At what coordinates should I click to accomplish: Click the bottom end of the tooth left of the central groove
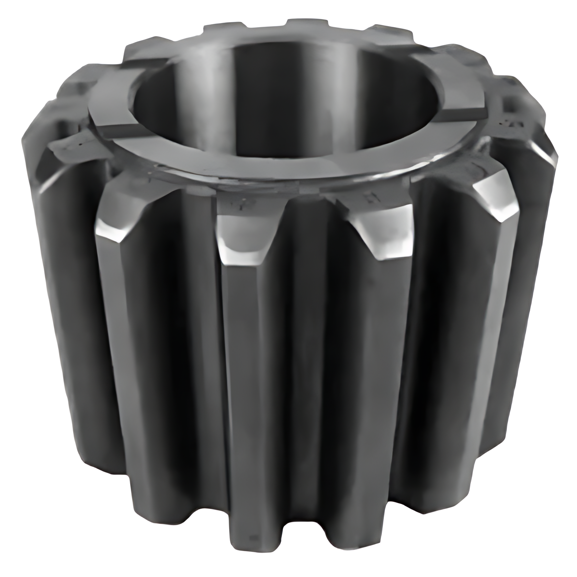[x=247, y=543]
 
